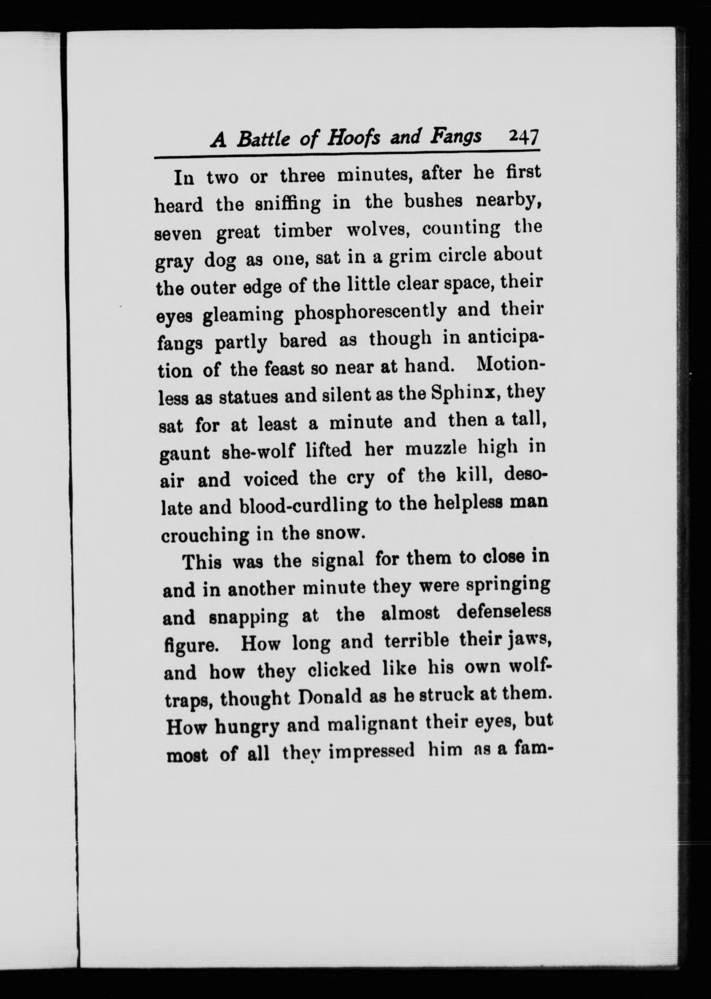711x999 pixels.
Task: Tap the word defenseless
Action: pyautogui.click(x=503, y=613)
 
